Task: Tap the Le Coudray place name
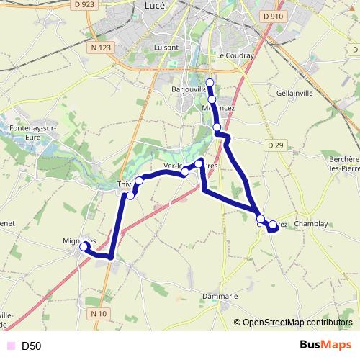[x=233, y=55]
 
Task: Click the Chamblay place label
[x=311, y=224]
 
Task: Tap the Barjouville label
[x=189, y=90]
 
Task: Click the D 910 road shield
[x=273, y=16]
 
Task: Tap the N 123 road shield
[x=102, y=48]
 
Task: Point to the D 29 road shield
[x=274, y=145]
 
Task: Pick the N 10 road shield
[x=99, y=314]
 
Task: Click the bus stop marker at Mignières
[x=84, y=246]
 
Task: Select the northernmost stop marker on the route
[x=210, y=82]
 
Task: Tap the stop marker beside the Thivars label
[x=130, y=196]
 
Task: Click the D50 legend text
[x=32, y=346]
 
